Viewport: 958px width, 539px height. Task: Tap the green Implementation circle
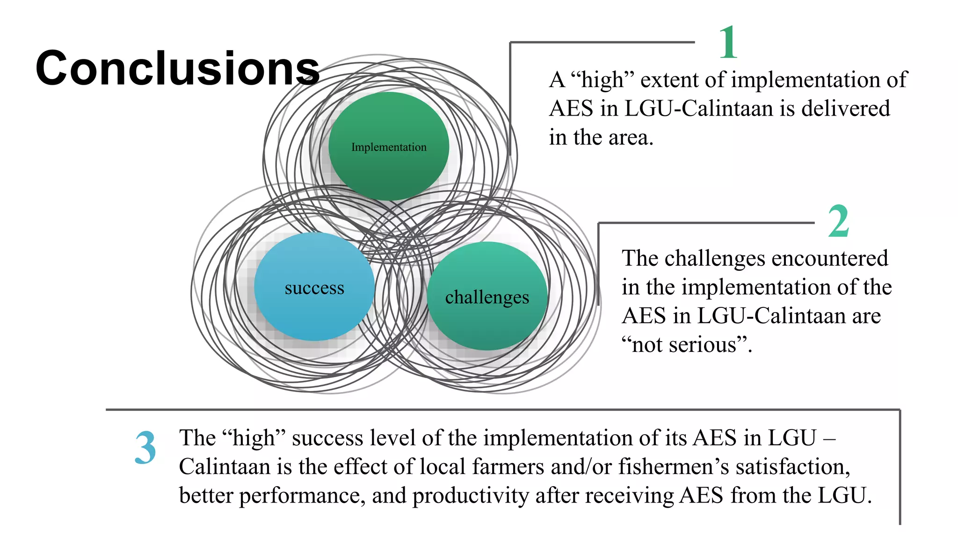click(389, 146)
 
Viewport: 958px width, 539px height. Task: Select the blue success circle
click(314, 287)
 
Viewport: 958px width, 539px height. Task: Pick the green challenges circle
click(487, 296)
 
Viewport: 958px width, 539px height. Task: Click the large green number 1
click(728, 43)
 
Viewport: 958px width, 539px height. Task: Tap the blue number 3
click(145, 448)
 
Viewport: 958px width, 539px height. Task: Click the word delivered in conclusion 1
click(846, 109)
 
